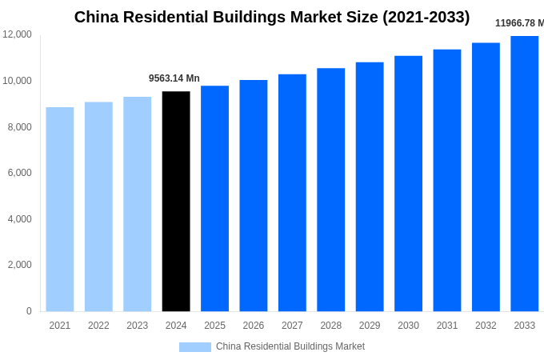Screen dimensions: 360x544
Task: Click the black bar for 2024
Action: point(176,201)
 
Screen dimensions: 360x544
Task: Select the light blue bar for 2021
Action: point(60,209)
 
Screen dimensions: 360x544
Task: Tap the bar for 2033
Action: point(525,174)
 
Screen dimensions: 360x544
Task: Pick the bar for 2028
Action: point(330,190)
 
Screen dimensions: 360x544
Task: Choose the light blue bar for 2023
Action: point(137,204)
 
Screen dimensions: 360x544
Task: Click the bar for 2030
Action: point(408,183)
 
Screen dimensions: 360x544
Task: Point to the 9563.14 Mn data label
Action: point(174,78)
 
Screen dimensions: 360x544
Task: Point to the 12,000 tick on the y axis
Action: point(18,34)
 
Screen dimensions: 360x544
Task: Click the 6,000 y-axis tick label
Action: point(20,173)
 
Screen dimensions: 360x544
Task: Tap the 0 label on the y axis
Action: point(29,311)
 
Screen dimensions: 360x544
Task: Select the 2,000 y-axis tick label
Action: point(20,265)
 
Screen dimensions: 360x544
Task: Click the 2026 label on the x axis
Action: point(254,326)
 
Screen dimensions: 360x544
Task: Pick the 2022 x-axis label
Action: point(98,326)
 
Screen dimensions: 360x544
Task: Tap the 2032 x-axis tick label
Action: point(486,326)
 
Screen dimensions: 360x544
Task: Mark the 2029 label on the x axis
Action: point(370,326)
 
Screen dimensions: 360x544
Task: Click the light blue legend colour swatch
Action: point(195,347)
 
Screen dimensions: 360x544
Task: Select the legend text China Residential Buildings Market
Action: point(290,346)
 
